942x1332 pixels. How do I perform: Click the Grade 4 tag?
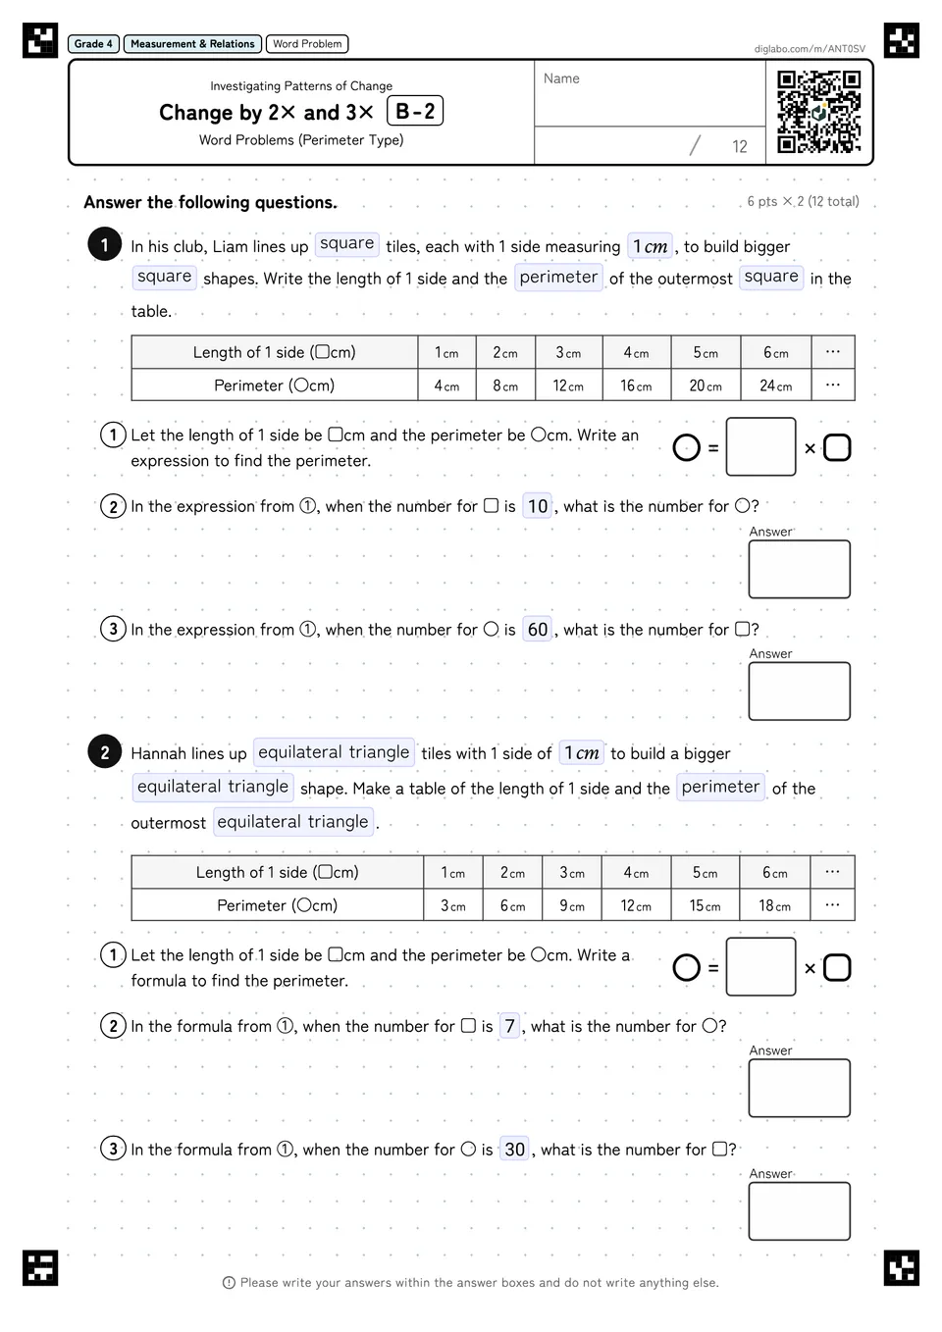(93, 43)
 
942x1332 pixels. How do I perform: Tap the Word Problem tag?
(307, 43)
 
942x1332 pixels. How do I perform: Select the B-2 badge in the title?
(415, 111)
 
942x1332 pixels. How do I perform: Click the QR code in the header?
(818, 112)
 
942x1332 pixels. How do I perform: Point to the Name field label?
(561, 78)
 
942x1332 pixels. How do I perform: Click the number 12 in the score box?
(739, 146)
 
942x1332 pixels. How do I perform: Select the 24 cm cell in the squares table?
(775, 385)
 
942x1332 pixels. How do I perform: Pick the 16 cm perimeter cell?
(636, 385)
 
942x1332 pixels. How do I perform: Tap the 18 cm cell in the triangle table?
(774, 905)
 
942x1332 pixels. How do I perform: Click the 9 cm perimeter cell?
(571, 905)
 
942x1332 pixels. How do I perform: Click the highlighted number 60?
(538, 629)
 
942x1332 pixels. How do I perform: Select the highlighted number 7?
(509, 1026)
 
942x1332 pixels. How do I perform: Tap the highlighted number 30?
(514, 1149)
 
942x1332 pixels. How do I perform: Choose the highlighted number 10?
(538, 506)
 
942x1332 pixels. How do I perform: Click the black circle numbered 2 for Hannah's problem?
(105, 752)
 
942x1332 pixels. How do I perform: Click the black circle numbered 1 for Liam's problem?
(105, 244)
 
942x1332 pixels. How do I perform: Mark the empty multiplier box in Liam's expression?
(760, 446)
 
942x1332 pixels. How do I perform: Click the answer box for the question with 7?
(800, 1088)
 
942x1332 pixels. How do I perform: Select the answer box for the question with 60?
(800, 691)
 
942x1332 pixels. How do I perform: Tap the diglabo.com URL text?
(810, 49)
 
